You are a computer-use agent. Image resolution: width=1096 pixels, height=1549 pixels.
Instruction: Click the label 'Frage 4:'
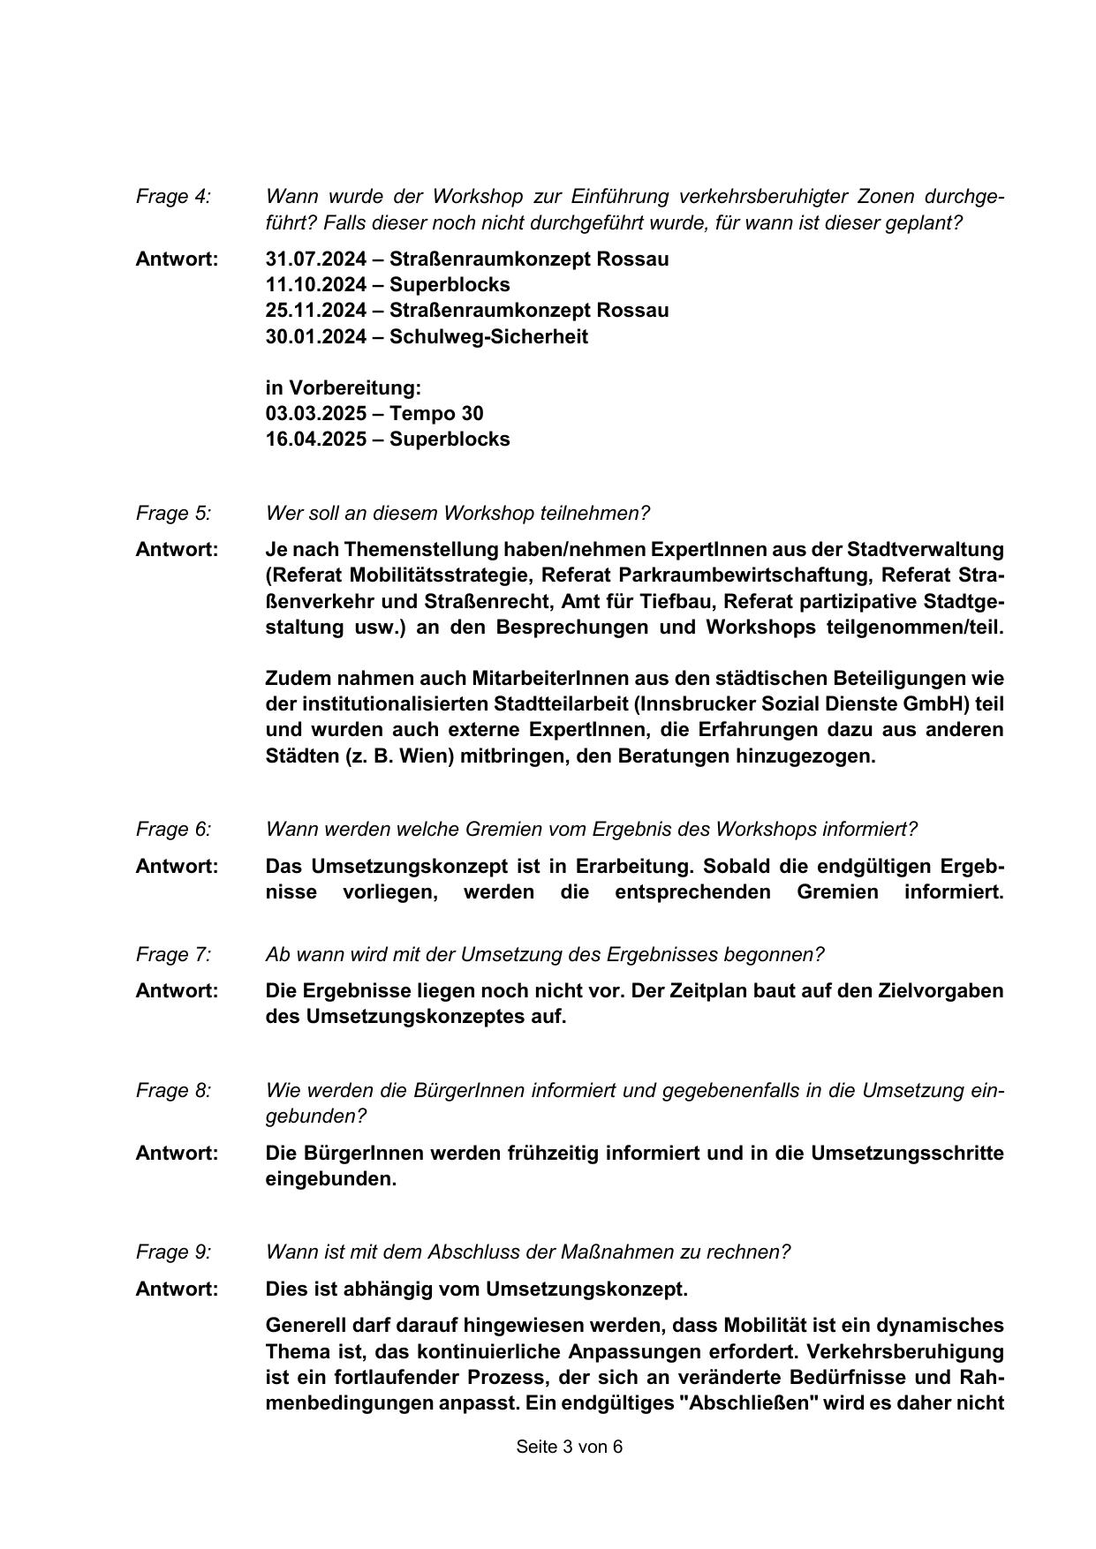173,197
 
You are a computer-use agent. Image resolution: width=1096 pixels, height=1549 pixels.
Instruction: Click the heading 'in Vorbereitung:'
344,388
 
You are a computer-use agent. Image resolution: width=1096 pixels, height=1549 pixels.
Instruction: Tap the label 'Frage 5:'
173,514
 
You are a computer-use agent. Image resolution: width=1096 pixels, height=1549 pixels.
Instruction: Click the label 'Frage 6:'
173,830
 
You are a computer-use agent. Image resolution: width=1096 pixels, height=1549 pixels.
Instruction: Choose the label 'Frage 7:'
173,955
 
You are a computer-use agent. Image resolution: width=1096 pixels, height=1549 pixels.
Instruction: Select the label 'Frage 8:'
173,1091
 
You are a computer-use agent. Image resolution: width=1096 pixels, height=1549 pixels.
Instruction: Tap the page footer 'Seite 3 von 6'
570,1447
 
